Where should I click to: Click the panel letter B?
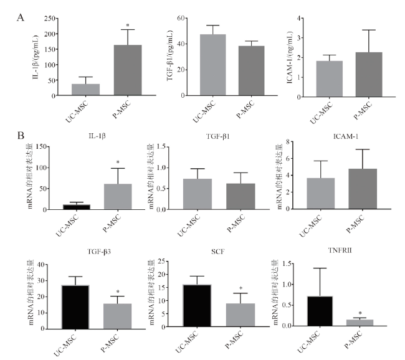click(21, 134)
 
